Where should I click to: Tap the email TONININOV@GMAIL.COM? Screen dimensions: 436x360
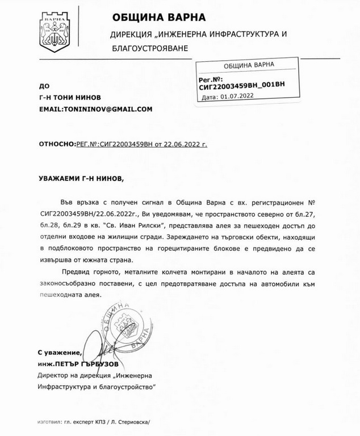coord(95,108)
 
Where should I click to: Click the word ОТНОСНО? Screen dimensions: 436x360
coord(56,144)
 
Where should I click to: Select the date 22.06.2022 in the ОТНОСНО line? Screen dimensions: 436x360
coord(184,144)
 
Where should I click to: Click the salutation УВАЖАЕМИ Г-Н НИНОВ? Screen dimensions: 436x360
coord(80,178)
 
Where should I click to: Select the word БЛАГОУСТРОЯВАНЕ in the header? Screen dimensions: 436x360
coord(149,49)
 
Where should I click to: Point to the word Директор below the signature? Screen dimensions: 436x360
coord(55,375)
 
